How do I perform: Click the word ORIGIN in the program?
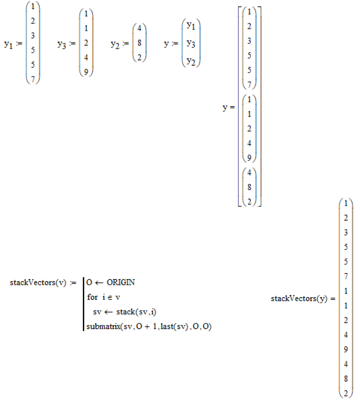121,283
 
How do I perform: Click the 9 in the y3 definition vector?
86,72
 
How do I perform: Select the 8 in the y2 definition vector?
139,43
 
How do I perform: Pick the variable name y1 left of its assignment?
8,44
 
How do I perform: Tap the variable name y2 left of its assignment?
115,44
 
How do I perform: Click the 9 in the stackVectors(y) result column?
346,349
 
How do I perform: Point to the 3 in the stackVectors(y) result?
346,233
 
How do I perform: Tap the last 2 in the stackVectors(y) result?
346,393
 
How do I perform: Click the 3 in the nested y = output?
249,41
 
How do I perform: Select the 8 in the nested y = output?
249,187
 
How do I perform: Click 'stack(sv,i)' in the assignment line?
135,312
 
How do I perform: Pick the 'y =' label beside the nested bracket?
229,108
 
